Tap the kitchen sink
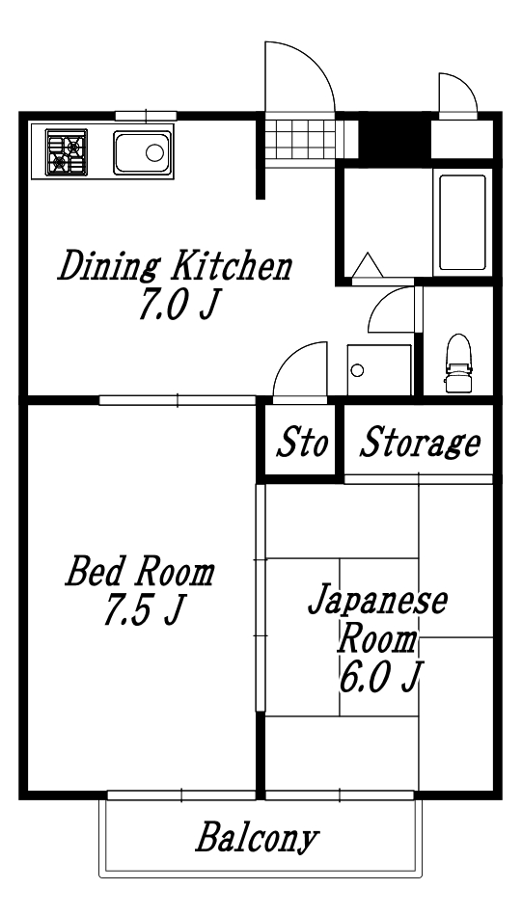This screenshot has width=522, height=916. [142, 152]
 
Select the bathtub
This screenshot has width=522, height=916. [461, 224]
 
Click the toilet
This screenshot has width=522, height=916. [458, 364]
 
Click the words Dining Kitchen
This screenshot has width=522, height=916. [174, 265]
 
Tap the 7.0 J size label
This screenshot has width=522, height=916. [179, 307]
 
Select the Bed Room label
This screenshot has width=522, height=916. [139, 572]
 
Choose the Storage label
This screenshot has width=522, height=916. [420, 445]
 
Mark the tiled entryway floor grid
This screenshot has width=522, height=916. [300, 138]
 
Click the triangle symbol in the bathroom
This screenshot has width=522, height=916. [367, 264]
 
